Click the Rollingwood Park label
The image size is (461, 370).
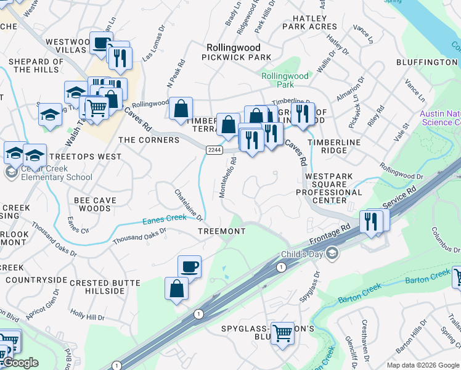(x=285, y=80)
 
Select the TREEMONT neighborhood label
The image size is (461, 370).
(x=221, y=231)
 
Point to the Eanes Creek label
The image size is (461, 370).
(x=165, y=218)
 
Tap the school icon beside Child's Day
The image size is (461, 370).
(x=332, y=253)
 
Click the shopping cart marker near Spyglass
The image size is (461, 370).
(x=283, y=333)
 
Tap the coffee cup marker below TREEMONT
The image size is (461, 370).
(x=189, y=266)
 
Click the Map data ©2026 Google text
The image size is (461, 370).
(x=423, y=365)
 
